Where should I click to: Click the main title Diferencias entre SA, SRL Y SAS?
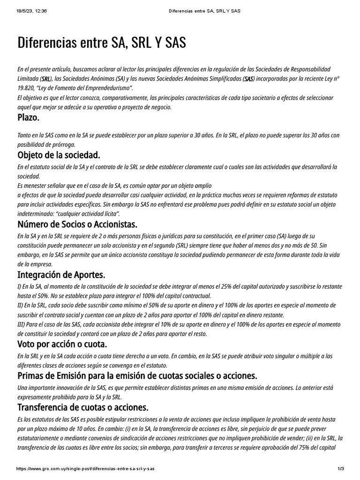[102, 43]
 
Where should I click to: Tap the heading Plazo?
[28, 117]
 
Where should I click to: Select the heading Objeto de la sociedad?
[59, 155]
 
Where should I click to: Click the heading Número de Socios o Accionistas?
[77, 224]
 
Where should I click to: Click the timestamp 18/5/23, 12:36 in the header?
[28, 11]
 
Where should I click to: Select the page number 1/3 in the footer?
[341, 469]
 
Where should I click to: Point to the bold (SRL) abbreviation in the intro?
[46, 79]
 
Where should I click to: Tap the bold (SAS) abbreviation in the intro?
[249, 79]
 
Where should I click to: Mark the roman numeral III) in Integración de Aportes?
[22, 325]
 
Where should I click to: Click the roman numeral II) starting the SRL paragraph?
[21, 305]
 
